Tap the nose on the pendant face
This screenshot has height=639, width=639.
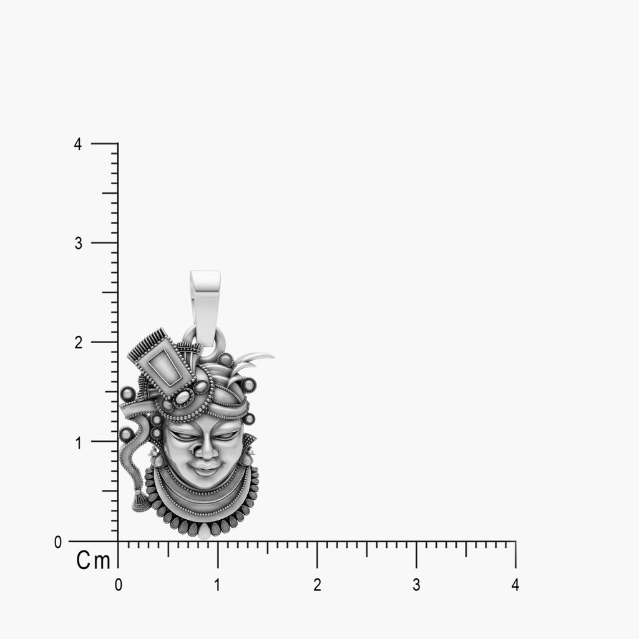[202, 448]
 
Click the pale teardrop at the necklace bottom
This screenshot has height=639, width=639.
[204, 531]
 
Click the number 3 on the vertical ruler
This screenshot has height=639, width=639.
[79, 243]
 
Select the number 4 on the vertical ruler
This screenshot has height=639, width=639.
[78, 144]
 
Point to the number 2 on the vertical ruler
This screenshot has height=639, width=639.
[79, 343]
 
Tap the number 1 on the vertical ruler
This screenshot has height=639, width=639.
[79, 442]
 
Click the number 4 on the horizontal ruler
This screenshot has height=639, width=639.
[515, 585]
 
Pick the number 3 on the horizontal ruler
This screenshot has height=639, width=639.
[416, 585]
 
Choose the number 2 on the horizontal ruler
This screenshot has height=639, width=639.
[317, 585]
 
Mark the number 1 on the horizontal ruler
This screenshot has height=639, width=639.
[218, 585]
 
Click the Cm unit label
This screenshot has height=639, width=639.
[93, 560]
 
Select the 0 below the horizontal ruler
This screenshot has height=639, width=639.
[119, 585]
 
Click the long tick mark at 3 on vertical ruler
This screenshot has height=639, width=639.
[105, 243]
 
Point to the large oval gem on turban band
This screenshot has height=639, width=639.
[183, 396]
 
